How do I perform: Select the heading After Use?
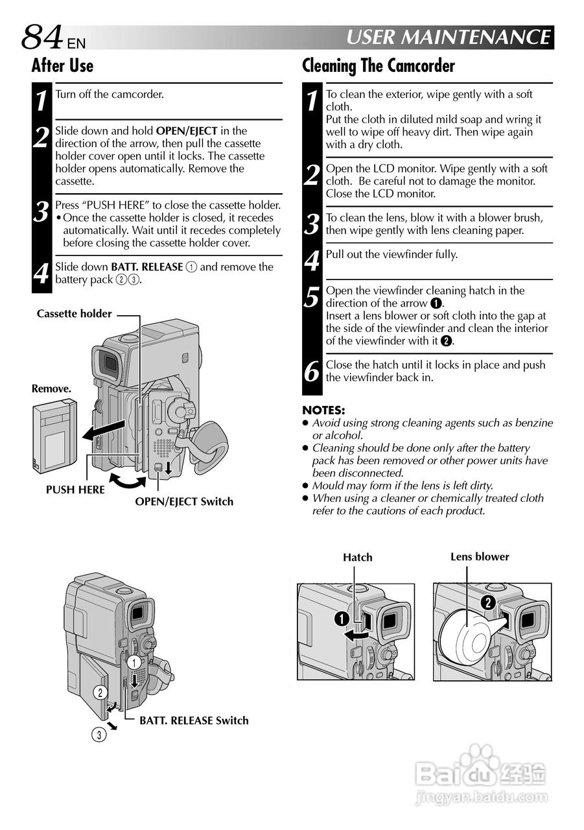point(62,65)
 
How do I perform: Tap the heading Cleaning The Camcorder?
point(379,65)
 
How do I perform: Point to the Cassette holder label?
point(74,314)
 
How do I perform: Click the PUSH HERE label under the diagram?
point(75,490)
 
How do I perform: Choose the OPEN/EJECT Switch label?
point(184,501)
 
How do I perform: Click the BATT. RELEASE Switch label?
point(194,720)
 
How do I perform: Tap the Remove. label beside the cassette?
point(51,388)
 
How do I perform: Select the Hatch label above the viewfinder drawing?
point(358,557)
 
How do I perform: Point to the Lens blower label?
point(480,556)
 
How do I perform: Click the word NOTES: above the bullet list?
point(324,410)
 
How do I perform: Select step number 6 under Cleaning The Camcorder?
point(312,372)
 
